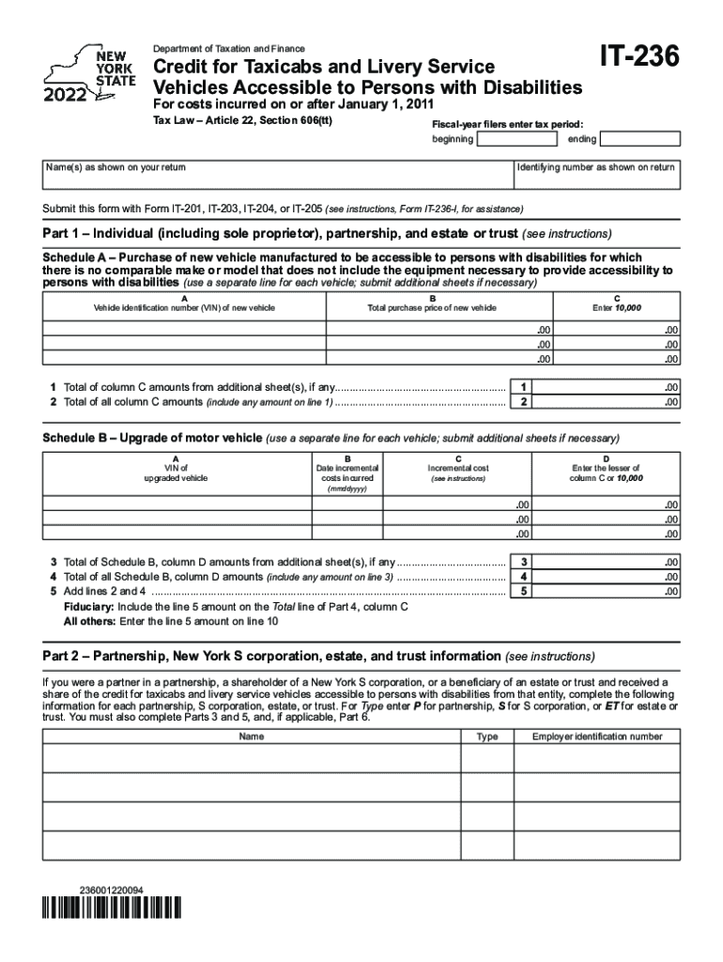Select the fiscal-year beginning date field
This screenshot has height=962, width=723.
[515, 139]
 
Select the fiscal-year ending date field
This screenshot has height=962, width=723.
[639, 139]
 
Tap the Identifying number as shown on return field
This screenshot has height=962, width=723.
[595, 183]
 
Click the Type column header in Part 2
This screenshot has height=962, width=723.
[486, 737]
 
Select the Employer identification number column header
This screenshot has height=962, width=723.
[597, 737]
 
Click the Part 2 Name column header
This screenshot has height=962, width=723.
[252, 737]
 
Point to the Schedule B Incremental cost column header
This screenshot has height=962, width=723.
[458, 468]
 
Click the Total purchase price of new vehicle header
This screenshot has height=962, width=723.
[432, 308]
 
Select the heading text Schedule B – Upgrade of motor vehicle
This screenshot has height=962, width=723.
[152, 439]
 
